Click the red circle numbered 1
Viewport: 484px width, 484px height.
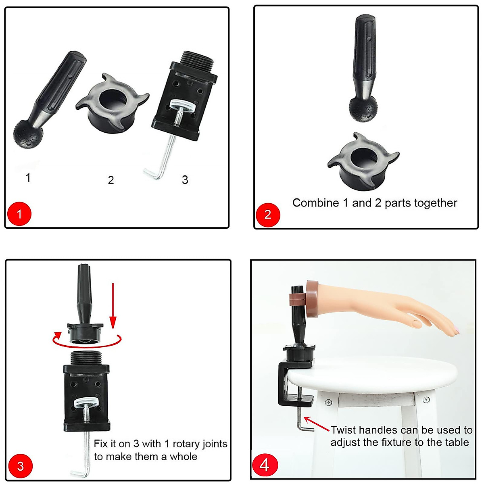click(19, 213)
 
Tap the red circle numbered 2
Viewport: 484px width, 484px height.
click(267, 214)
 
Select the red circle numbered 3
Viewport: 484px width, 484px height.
click(20, 466)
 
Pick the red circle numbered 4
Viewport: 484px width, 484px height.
click(264, 465)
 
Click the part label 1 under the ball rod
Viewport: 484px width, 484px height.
click(28, 177)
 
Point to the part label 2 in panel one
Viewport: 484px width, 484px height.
click(111, 180)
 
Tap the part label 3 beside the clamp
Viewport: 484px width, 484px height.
click(185, 179)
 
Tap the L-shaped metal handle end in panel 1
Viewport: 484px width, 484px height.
click(152, 174)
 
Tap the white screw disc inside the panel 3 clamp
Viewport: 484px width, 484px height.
click(86, 403)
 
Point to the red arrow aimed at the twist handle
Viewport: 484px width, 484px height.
click(316, 424)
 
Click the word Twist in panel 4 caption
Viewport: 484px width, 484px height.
click(344, 430)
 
